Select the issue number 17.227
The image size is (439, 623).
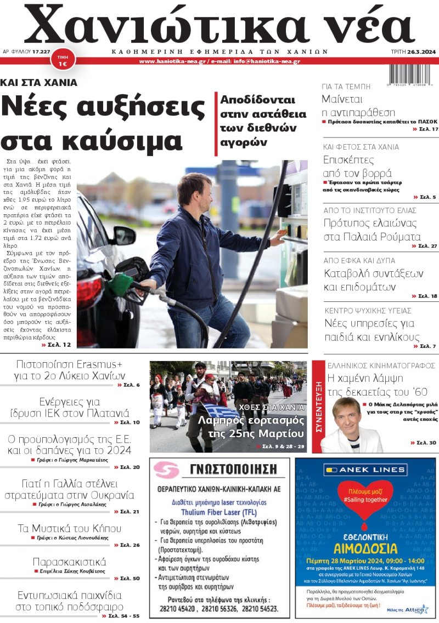click(42, 52)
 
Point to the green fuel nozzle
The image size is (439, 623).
click(120, 284)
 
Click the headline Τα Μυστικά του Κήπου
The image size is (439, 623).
click(70, 528)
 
